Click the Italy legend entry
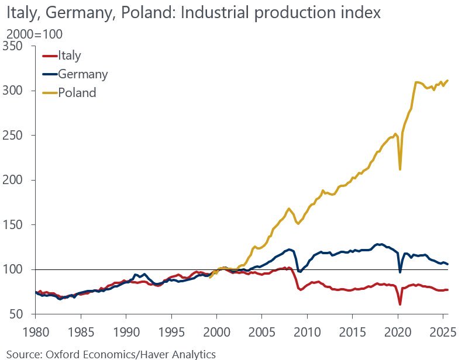pyautogui.click(x=69, y=56)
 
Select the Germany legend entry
pyautogui.click(x=82, y=74)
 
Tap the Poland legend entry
pyautogui.click(x=77, y=92)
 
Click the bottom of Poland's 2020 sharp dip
pyautogui.click(x=399, y=169)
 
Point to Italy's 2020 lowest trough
pyautogui.click(x=399, y=304)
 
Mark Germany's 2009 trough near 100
pyautogui.click(x=300, y=272)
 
